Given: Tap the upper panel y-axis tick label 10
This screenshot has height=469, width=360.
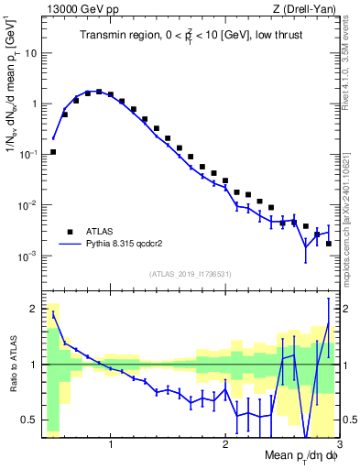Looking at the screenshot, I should [x=30, y=53].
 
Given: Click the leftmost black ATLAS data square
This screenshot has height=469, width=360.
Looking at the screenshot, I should [x=53, y=152].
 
